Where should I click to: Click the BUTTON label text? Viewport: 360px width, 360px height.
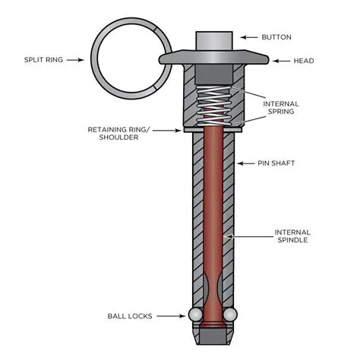click(276, 36)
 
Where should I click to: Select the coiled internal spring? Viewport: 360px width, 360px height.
click(213, 106)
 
